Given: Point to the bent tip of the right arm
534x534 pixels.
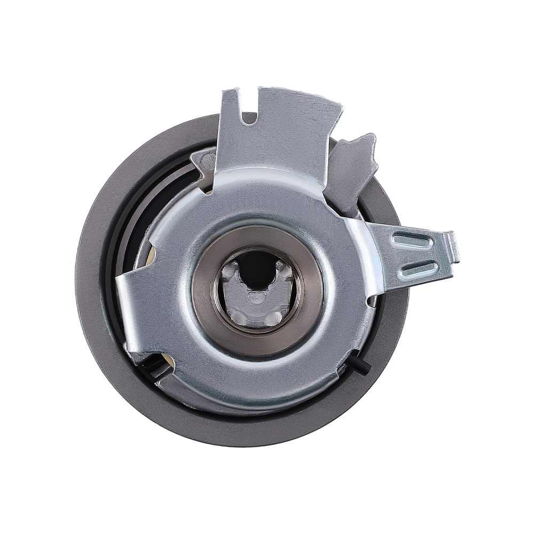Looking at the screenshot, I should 454,247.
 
